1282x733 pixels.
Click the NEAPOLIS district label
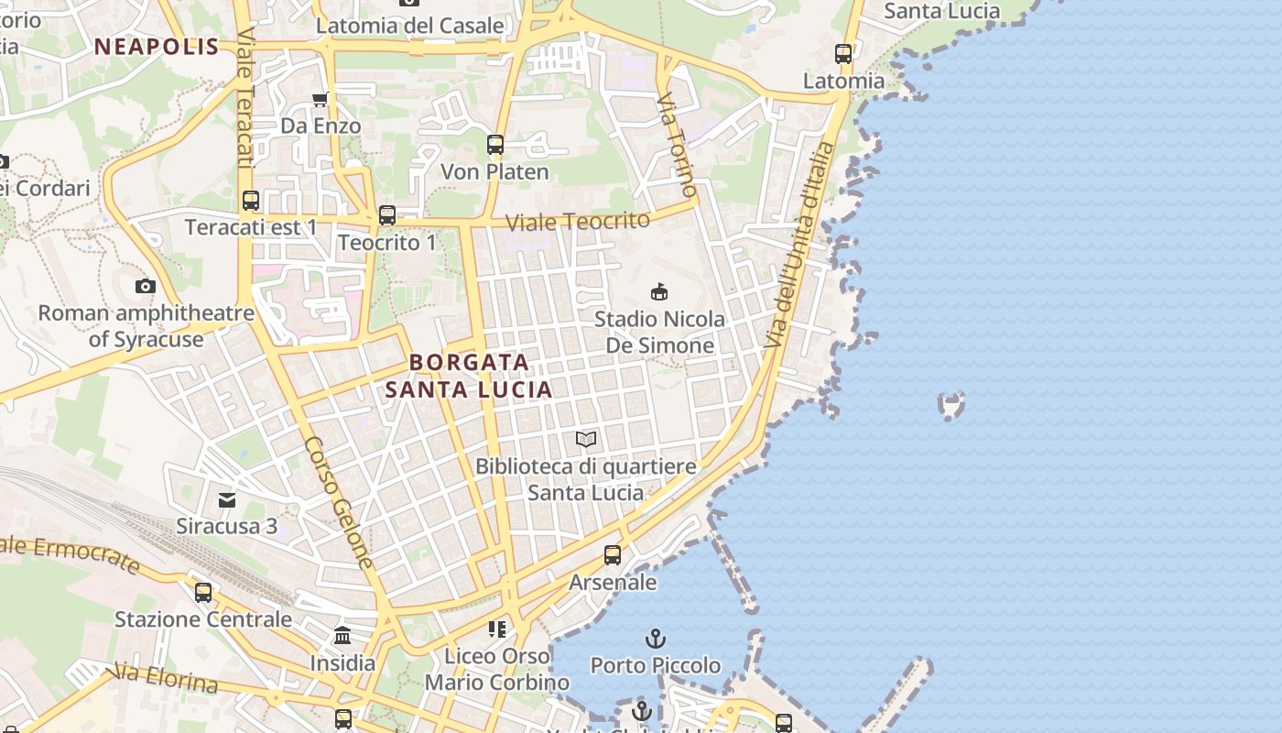click(x=157, y=47)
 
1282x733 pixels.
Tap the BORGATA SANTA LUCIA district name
click(x=469, y=376)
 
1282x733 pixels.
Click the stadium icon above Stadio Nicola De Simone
click(x=658, y=291)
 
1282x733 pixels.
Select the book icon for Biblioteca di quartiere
click(x=586, y=440)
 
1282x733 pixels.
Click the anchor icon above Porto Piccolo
click(x=655, y=639)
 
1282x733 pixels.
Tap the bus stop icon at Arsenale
click(x=613, y=555)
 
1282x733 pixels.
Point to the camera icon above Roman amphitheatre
click(x=145, y=287)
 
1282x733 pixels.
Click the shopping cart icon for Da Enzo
click(x=320, y=99)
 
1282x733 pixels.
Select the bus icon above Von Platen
click(x=495, y=145)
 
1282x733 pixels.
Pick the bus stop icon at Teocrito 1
click(x=387, y=215)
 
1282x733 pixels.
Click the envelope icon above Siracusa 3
click(x=226, y=499)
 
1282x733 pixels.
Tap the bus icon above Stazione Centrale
click(x=203, y=592)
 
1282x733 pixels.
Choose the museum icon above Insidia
click(x=342, y=635)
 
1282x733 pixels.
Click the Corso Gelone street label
click(x=340, y=501)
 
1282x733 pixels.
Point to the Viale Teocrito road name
click(x=578, y=221)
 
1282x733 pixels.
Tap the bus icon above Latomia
click(x=843, y=54)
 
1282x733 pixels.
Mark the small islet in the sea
click(x=951, y=403)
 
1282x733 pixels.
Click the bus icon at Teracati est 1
click(x=251, y=200)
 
